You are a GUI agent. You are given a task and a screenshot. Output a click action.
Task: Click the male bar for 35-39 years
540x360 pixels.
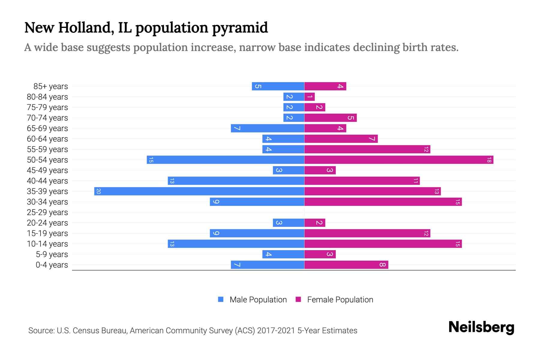tap(199, 191)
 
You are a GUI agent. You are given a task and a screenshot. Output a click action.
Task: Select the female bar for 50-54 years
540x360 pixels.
tap(399, 160)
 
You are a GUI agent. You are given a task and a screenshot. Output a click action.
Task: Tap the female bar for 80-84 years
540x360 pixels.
tap(309, 97)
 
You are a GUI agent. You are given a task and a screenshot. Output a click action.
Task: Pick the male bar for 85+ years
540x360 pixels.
tap(278, 86)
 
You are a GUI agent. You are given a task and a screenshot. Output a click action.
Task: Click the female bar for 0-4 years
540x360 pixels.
tap(346, 265)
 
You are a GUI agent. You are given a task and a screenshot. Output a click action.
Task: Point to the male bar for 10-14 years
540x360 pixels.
tap(236, 244)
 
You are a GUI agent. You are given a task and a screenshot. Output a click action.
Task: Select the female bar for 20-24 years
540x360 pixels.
tap(315, 223)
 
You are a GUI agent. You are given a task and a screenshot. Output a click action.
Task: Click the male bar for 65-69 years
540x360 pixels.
tap(267, 128)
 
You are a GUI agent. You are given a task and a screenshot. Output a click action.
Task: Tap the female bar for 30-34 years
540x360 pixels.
tap(383, 202)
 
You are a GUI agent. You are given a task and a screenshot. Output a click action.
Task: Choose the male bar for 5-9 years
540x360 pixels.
tap(283, 254)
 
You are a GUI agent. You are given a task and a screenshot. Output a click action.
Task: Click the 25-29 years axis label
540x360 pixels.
tap(47, 212)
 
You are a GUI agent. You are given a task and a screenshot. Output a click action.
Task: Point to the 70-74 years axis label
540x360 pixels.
tap(47, 118)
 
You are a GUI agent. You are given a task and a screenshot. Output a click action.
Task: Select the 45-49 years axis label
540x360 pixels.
tap(47, 170)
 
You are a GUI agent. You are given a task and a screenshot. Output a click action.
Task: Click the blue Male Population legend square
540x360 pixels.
tap(221, 299)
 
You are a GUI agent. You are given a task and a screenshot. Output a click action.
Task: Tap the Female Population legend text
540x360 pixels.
tap(340, 300)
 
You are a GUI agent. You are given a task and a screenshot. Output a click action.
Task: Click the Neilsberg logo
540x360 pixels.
tap(481, 327)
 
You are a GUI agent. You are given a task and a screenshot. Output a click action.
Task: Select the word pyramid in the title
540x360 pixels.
tap(240, 28)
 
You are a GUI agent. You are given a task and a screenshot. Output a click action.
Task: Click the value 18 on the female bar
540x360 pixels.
tap(489, 160)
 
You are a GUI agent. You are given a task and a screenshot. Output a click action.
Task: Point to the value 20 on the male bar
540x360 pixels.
tap(98, 191)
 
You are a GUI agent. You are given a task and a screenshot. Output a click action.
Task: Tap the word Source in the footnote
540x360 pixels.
tap(41, 331)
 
